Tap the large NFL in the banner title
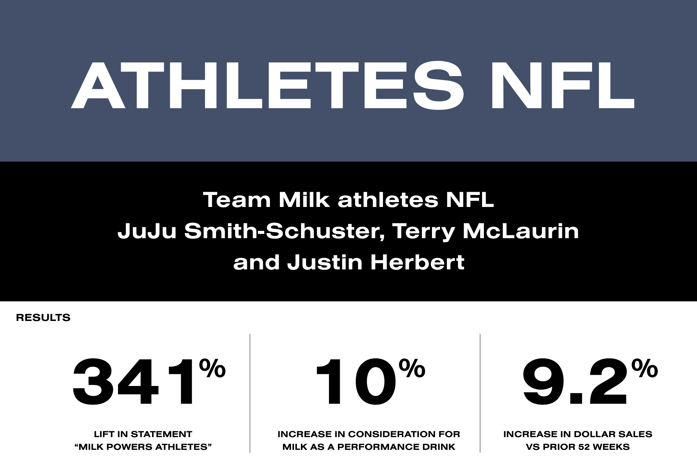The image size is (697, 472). tap(562, 85)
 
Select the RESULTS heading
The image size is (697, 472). tap(43, 318)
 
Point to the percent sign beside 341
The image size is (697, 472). tap(212, 368)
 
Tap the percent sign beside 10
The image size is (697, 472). tap(412, 368)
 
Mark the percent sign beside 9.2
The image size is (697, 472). tap(645, 368)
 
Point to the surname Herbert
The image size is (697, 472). tap(417, 263)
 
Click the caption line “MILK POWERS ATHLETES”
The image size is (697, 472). tap(143, 447)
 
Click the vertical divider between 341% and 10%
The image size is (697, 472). tap(250, 393)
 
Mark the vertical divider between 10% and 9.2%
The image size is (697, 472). tap(480, 393)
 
